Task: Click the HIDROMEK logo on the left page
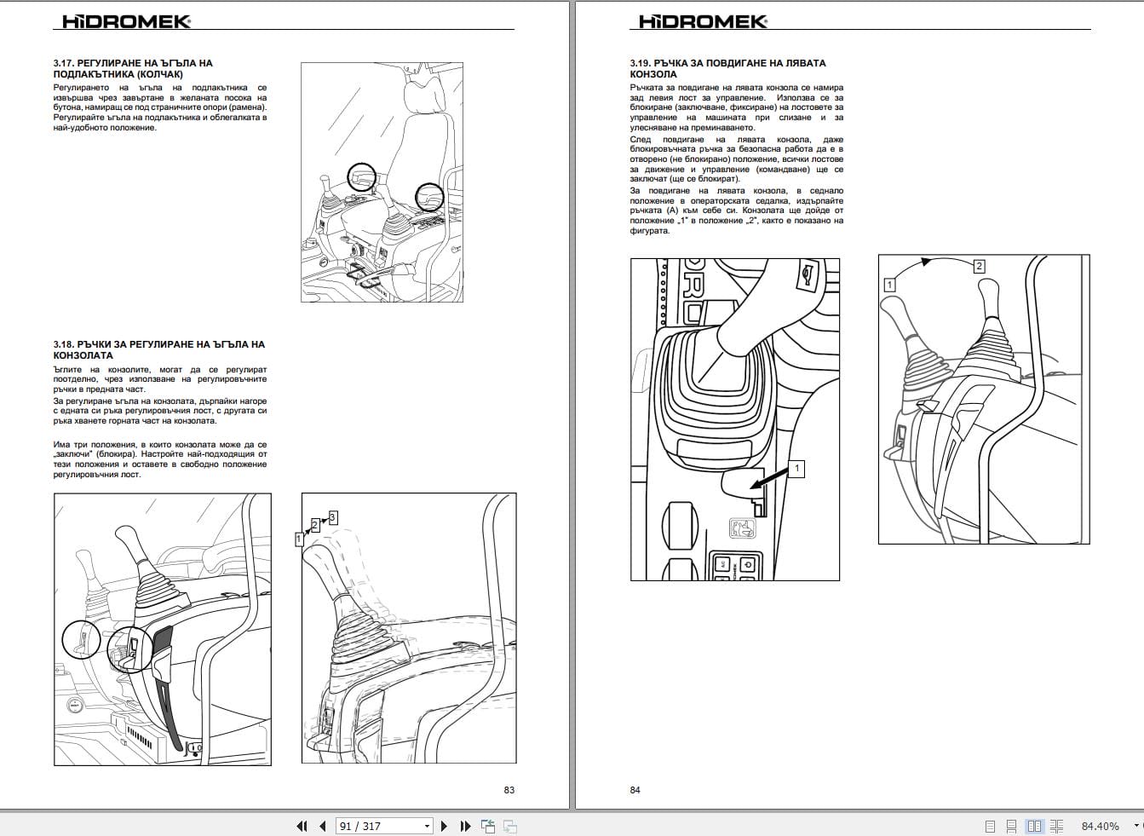pos(127,21)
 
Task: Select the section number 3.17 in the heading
pos(64,63)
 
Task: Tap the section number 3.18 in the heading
pos(64,344)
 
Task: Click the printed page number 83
pos(509,790)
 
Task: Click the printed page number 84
pos(635,790)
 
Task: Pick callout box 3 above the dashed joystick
pos(332,517)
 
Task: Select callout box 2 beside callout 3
pos(315,525)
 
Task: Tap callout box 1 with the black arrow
pos(797,469)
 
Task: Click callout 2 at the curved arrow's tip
pos(979,266)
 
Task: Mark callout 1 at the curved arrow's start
pos(889,285)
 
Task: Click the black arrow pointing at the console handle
pos(769,483)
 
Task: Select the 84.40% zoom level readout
pos(1100,826)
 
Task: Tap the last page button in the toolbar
pos(465,826)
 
